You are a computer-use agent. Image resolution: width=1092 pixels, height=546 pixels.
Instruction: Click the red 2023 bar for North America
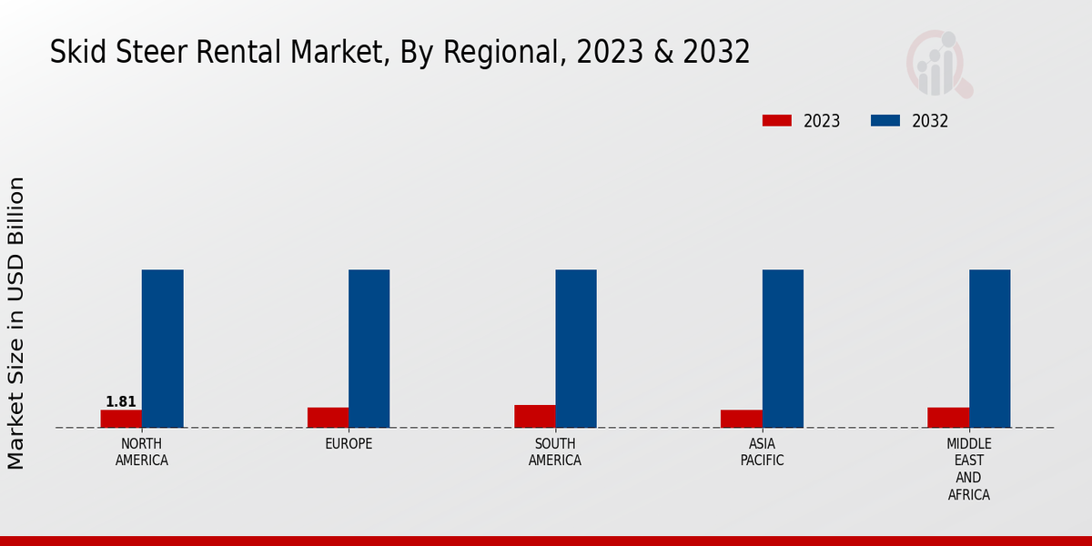point(121,419)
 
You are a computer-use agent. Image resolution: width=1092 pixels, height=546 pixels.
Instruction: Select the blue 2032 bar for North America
point(162,349)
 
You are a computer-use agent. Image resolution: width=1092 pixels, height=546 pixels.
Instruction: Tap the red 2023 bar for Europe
point(328,418)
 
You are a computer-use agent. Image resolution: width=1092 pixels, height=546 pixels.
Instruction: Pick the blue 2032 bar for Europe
point(369,349)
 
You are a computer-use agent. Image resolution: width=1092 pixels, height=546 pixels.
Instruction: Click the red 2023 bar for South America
point(534,416)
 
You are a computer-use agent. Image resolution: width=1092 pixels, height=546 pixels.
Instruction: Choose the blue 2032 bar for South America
point(576,349)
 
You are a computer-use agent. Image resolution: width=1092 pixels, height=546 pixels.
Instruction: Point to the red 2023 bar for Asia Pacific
point(741,419)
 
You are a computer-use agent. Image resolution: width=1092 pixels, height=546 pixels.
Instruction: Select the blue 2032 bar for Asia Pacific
point(783,349)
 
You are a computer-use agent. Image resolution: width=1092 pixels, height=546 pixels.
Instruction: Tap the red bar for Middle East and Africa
point(947,418)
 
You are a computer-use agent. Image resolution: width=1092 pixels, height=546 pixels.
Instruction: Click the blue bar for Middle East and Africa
point(989,349)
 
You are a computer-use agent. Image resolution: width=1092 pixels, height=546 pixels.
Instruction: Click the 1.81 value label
point(121,401)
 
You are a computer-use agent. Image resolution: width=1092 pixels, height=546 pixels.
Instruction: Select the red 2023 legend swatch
point(776,121)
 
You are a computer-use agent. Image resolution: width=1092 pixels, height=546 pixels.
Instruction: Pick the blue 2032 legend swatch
point(885,121)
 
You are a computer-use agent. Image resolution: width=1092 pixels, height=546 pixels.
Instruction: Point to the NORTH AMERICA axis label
point(142,452)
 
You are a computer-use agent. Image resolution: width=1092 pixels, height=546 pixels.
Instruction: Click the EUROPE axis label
point(349,444)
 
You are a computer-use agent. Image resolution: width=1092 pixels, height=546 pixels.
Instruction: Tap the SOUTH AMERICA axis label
point(555,452)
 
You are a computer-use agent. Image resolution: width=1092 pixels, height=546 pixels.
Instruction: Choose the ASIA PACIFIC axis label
point(762,452)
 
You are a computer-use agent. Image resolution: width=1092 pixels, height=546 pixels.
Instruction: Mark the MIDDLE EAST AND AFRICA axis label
point(968,470)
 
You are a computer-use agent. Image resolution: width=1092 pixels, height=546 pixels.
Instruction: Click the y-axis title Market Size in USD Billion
point(16,323)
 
